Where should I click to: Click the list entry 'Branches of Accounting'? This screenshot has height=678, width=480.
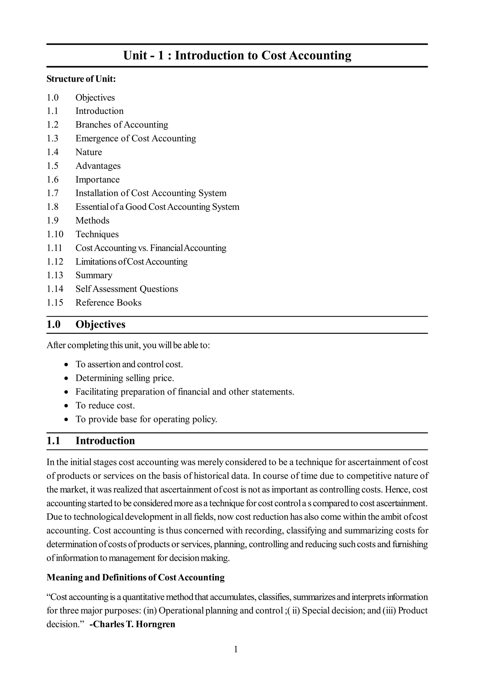(x=122, y=125)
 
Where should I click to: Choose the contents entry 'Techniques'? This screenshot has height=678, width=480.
(x=97, y=234)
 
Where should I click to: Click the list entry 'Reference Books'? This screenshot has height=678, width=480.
(x=108, y=303)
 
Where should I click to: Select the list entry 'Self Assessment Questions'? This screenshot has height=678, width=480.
(x=127, y=289)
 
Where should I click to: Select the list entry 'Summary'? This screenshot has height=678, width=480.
(x=94, y=275)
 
